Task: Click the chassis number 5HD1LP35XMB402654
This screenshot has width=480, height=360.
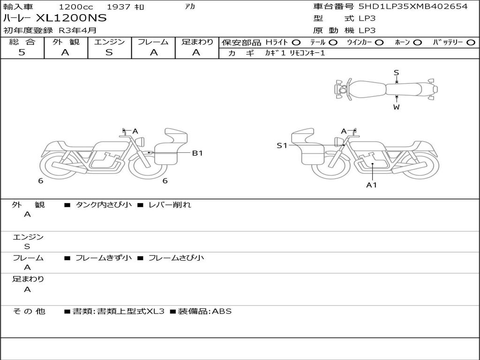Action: [x=413, y=6]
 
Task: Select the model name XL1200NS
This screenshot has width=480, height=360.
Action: [x=71, y=18]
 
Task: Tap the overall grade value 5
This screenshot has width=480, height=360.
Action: [x=22, y=52]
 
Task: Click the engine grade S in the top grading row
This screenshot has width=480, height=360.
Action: [x=109, y=52]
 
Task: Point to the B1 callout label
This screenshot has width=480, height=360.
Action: [x=197, y=153]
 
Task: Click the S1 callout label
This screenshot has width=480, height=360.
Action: [x=282, y=146]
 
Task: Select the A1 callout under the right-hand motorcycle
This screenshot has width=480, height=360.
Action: [x=372, y=185]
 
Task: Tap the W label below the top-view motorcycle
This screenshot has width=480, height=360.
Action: [x=397, y=107]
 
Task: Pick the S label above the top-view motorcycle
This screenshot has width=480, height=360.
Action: [x=397, y=73]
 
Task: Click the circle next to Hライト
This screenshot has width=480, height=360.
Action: [x=296, y=43]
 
